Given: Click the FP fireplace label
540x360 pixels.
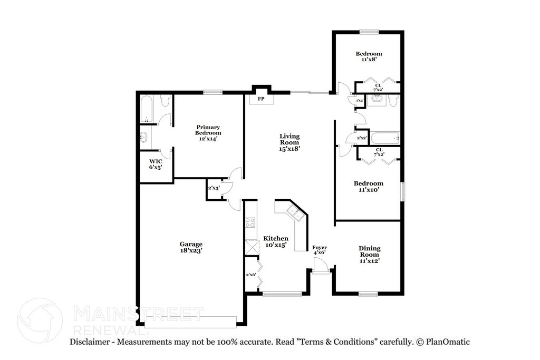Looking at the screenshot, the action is pyautogui.click(x=261, y=99).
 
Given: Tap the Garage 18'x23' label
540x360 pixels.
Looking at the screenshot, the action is pyautogui.click(x=191, y=247).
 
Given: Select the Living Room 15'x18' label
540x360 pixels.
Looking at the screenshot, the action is pyautogui.click(x=290, y=142).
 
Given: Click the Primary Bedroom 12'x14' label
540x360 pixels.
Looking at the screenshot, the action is pyautogui.click(x=208, y=133).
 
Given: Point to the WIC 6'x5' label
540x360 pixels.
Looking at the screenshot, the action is pyautogui.click(x=155, y=164).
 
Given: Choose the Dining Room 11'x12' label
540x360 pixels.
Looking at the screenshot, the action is pyautogui.click(x=369, y=254).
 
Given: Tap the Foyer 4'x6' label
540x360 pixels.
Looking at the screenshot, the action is pyautogui.click(x=320, y=250).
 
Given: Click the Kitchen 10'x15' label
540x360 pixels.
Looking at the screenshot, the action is pyautogui.click(x=276, y=241).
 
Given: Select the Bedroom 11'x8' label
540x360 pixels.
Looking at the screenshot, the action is pyautogui.click(x=369, y=56).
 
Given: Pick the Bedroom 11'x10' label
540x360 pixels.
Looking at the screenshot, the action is pyautogui.click(x=369, y=186).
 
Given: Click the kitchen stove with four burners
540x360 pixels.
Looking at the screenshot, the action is pyautogui.click(x=250, y=222).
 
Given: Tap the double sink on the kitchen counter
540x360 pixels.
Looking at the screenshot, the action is pyautogui.click(x=294, y=213).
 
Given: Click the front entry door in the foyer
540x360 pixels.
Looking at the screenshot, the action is pyautogui.click(x=320, y=269).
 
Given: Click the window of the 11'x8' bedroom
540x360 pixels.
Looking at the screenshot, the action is pyautogui.click(x=369, y=32).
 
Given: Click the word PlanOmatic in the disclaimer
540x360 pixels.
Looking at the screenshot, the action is pyautogui.click(x=446, y=342).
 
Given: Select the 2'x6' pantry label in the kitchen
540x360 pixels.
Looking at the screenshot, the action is pyautogui.click(x=250, y=275).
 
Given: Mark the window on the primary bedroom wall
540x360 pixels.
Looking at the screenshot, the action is pyautogui.click(x=213, y=93).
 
